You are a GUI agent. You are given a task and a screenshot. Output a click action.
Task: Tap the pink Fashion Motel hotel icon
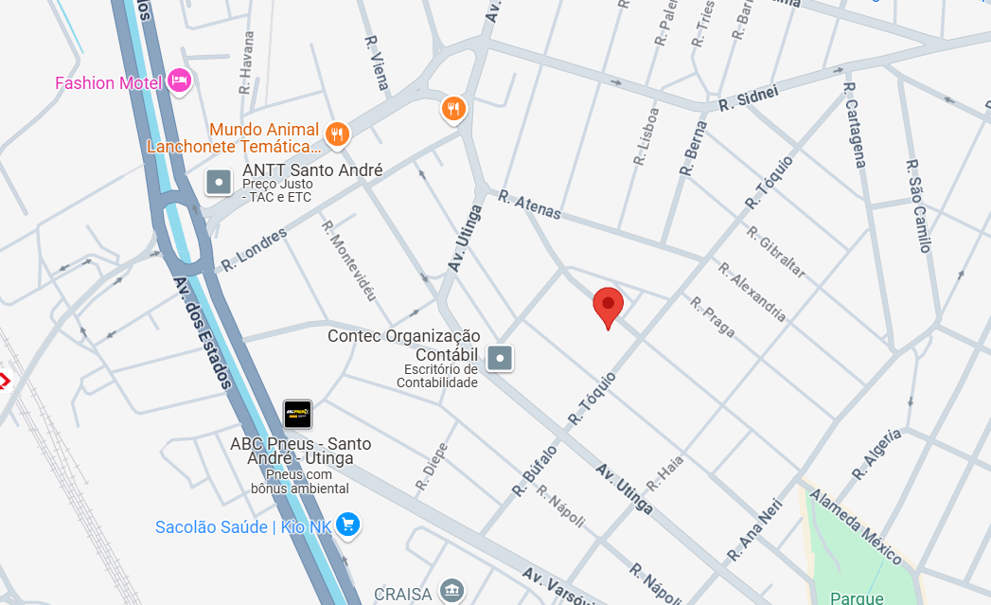coord(179,81)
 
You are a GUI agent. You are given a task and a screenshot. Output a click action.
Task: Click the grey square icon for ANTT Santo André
coord(220,181)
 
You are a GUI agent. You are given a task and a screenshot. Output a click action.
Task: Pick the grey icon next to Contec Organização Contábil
coord(500,358)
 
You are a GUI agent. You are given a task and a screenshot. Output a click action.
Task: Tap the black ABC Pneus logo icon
coord(297,414)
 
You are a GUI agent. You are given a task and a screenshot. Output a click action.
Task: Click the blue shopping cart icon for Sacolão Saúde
coord(348,525)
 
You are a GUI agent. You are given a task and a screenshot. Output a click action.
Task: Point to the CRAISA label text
coord(403,594)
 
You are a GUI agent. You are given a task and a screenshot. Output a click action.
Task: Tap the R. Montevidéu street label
coord(348,260)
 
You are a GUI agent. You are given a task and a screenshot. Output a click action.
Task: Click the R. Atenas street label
coord(530,205)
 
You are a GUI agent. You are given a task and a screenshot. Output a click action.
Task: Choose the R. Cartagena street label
coord(854,125)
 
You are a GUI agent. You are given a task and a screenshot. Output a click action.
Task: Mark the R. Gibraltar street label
coord(775,252)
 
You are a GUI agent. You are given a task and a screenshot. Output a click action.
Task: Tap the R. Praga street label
coord(712,316)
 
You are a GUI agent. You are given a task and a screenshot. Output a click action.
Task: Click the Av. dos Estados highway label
coord(203,332)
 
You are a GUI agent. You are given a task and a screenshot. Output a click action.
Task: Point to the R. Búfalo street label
coord(534,471)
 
